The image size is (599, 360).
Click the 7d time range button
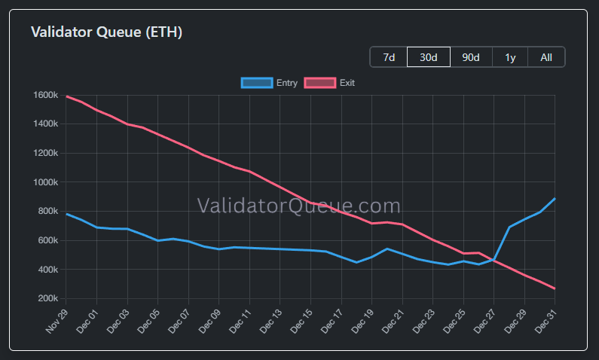tap(389, 57)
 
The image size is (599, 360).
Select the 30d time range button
tap(429, 57)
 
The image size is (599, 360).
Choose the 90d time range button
tap(471, 57)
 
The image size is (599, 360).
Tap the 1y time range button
tap(510, 57)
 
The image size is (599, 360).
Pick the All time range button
tap(546, 57)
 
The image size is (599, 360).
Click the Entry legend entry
tap(270, 83)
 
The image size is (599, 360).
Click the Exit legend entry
tap(329, 83)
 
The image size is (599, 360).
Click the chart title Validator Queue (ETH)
tap(106, 32)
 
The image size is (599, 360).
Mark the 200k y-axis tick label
tap(47, 299)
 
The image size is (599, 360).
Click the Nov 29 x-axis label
tap(57, 320)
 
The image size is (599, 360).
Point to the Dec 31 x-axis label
tap(546, 320)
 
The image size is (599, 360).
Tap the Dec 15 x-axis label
tap(301, 320)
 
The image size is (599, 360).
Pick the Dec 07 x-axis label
tap(179, 320)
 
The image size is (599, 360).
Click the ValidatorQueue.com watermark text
tap(298, 206)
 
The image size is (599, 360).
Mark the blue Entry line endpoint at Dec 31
tap(555, 199)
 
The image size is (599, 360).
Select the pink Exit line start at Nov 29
tap(67, 96)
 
